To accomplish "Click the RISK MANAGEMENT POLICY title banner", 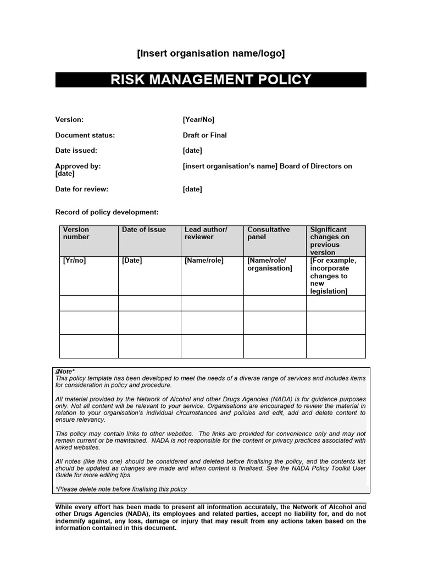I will (x=210, y=80).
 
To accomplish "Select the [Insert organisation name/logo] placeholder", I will (x=210, y=53).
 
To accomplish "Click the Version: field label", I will (x=69, y=119).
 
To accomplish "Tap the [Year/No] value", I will (x=198, y=119).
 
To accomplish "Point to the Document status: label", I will (x=85, y=135).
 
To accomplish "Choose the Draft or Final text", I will (x=204, y=135).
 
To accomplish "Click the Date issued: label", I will (x=76, y=150).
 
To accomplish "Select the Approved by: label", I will (x=78, y=165).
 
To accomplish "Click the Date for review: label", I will (x=81, y=189).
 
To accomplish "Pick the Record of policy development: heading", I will (x=107, y=212).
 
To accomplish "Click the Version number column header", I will (x=76, y=233).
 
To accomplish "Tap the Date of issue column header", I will (x=143, y=229).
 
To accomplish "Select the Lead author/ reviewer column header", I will (x=206, y=233).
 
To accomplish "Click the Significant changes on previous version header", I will (x=329, y=241).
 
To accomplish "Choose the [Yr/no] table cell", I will (x=74, y=261).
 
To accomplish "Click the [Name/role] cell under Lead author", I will (x=204, y=261).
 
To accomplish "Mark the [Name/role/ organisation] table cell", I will (x=269, y=264).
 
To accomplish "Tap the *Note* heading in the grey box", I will (x=65, y=372).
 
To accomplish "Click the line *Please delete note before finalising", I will (x=121, y=489).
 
